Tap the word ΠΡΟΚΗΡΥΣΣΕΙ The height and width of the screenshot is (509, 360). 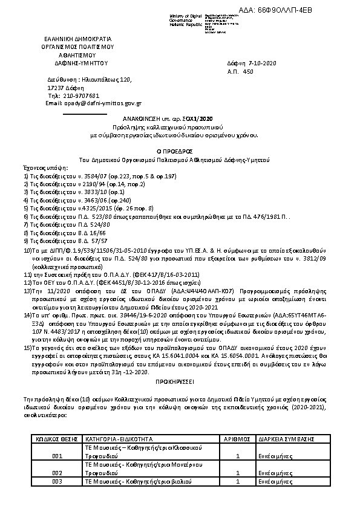pyautogui.click(x=179, y=383)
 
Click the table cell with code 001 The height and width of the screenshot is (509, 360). pyautogui.click(x=58, y=455)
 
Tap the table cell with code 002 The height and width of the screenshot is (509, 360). pyautogui.click(x=58, y=472)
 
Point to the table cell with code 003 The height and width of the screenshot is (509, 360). pyautogui.click(x=58, y=481)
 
